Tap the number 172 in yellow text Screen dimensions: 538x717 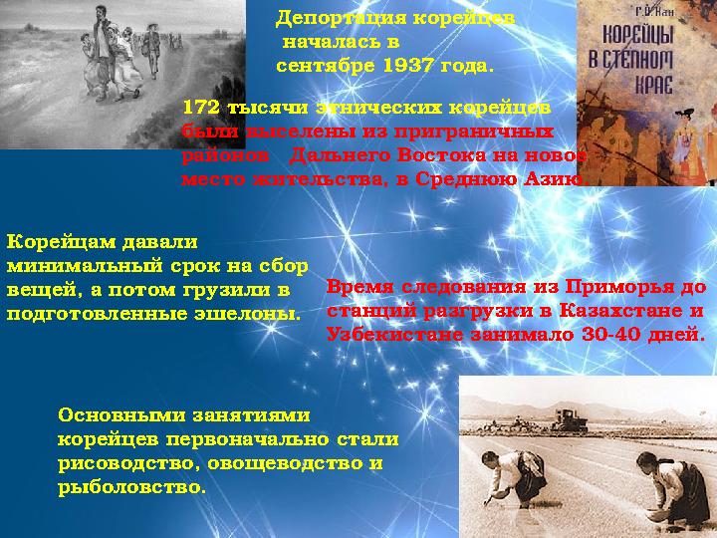202,107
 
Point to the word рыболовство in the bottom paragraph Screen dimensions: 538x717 130,488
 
